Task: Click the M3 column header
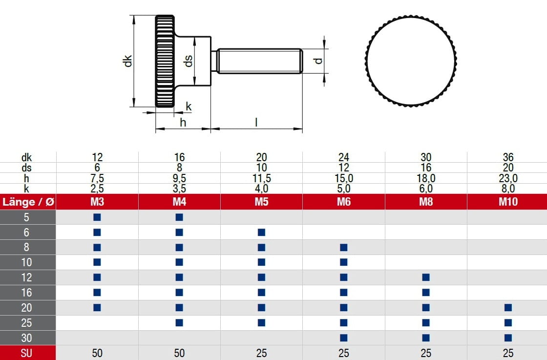[x=97, y=202]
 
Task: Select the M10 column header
[x=508, y=202]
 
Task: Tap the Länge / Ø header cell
[x=28, y=202]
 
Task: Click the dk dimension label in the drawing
[x=127, y=61]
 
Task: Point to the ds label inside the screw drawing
[x=188, y=61]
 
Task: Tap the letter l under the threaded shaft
[x=256, y=122]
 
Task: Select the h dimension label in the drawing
[x=183, y=122]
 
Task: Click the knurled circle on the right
[x=411, y=61]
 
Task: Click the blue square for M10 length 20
[x=508, y=308]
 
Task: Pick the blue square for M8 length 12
[x=426, y=277]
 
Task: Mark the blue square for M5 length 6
[x=261, y=232]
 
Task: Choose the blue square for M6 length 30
[x=344, y=338]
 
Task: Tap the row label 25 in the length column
[x=27, y=323]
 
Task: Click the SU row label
[x=27, y=353]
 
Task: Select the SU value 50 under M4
[x=179, y=353]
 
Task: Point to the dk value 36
[x=508, y=158]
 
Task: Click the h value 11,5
[x=261, y=179]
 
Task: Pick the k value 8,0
[x=508, y=189]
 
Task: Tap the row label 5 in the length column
[x=27, y=217]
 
